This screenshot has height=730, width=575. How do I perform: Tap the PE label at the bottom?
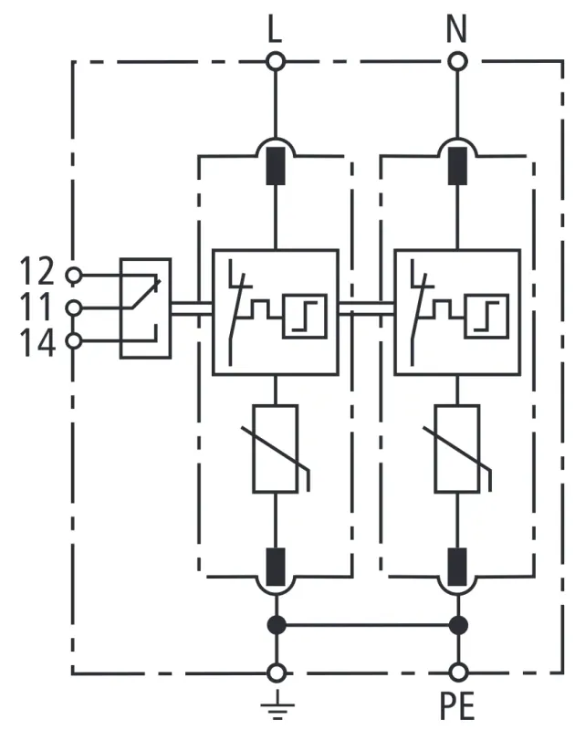457,705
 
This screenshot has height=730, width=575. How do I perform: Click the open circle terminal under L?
275,61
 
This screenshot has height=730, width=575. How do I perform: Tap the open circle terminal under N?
457,61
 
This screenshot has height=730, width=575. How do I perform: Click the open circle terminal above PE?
457,673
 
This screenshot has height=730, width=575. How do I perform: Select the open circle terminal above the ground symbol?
275,673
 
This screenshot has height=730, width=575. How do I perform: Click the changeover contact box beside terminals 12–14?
146,308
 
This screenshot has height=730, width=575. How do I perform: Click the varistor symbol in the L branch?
276,450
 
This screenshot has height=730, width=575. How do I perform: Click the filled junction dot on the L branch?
275,626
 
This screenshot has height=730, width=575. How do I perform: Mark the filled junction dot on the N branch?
457,626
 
